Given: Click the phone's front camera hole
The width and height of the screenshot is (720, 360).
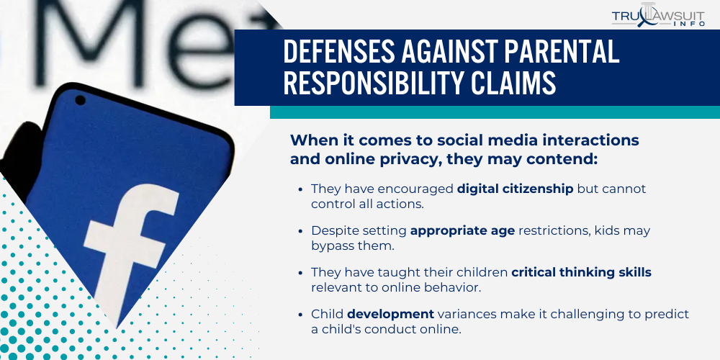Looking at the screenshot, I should click(x=80, y=99).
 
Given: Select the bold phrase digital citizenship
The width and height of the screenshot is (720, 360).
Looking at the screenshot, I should click(x=515, y=189).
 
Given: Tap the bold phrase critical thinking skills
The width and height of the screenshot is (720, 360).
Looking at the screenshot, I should click(x=582, y=272).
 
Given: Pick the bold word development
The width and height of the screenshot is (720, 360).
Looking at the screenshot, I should click(x=390, y=314).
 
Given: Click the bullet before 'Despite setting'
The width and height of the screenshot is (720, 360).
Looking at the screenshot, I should click(x=300, y=230).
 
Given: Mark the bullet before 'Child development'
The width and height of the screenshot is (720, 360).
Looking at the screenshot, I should click(x=300, y=314).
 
